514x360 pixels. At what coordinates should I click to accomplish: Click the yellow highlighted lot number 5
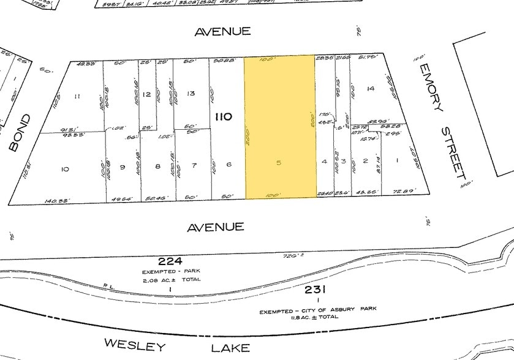(x=279, y=163)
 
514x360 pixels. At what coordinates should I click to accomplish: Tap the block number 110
(x=222, y=115)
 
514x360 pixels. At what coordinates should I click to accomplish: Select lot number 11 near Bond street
(x=77, y=97)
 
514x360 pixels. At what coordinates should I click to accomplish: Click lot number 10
(x=65, y=168)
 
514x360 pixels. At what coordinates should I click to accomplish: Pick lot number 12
(x=146, y=94)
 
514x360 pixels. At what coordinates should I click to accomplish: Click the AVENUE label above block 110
(x=223, y=31)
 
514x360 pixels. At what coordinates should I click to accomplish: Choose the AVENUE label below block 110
(x=216, y=227)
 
